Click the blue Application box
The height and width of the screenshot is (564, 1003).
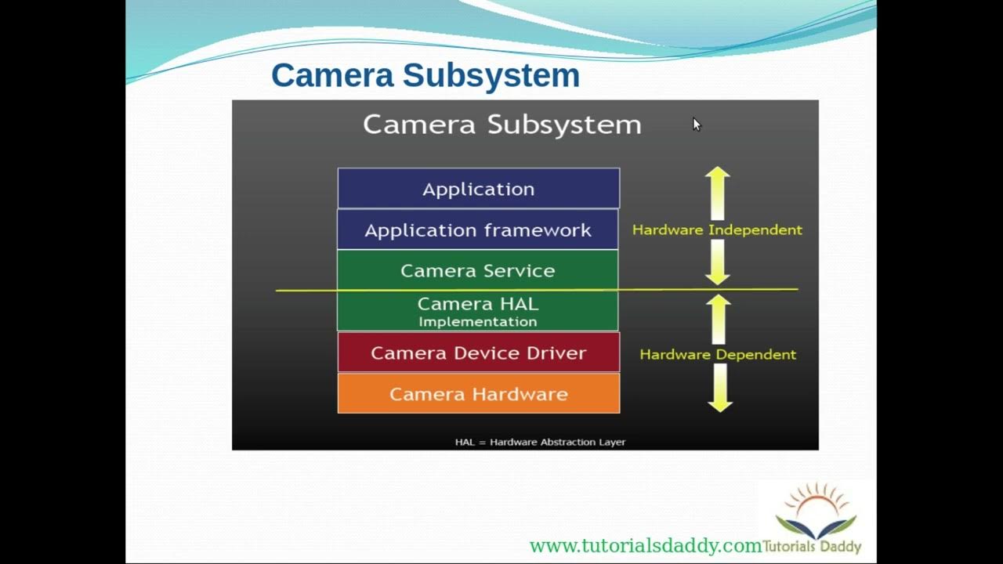click(x=478, y=189)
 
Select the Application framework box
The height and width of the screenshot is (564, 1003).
click(x=478, y=230)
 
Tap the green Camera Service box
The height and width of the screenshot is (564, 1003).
click(x=478, y=270)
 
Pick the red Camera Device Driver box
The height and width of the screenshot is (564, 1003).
click(x=478, y=352)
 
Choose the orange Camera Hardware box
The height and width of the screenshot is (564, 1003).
click(x=478, y=394)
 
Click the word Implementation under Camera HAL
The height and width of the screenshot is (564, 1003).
click(x=478, y=322)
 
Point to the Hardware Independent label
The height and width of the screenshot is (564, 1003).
click(x=717, y=230)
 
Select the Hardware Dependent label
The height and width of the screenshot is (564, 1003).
click(x=718, y=354)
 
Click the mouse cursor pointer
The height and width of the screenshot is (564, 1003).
click(x=697, y=125)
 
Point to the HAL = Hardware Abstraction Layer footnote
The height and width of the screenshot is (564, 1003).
click(x=540, y=442)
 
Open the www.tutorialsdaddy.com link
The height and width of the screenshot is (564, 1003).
click(x=645, y=546)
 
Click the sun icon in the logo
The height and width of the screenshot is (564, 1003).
click(x=817, y=501)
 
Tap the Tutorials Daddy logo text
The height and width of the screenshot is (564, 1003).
click(x=812, y=547)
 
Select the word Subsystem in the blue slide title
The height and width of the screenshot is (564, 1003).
click(x=491, y=75)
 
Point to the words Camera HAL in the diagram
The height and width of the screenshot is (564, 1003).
click(x=478, y=303)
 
